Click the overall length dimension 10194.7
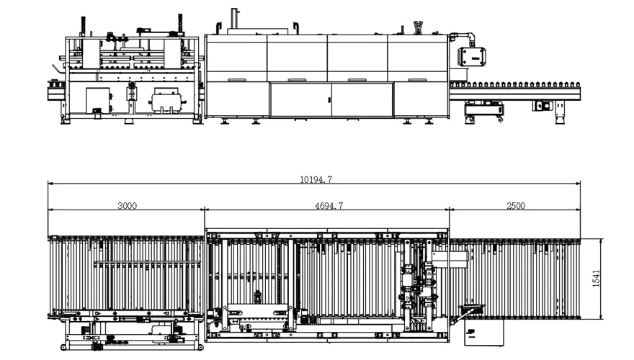point(316,180)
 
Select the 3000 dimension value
point(127,206)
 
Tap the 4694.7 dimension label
point(329,206)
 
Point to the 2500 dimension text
point(515,206)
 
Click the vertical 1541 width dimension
point(597,278)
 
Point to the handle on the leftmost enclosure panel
point(236,80)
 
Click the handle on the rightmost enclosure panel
point(416,80)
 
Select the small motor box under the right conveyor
point(543,105)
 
